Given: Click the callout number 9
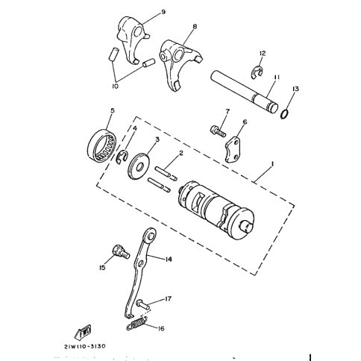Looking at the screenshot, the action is (163, 12).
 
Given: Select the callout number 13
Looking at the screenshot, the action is (295, 89).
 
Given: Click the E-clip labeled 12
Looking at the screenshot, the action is (256, 72).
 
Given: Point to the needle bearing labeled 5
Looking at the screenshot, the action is (103, 145).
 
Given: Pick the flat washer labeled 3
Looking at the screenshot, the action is (139, 166).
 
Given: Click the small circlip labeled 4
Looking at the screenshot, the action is (122, 157).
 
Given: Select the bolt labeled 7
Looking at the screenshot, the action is (218, 131).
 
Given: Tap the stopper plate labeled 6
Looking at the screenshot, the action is (233, 148).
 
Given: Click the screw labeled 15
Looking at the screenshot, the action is (122, 252).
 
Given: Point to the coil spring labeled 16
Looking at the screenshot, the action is (137, 323).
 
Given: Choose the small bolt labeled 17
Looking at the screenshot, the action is (142, 304).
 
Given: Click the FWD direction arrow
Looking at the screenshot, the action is (84, 332).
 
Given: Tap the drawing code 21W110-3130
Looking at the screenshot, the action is (85, 346).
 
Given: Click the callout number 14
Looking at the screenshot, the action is (169, 260).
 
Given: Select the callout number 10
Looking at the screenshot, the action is (115, 87).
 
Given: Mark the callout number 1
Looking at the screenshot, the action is (273, 164).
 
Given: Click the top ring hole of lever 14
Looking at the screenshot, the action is (151, 235).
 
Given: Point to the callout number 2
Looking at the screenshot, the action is (181, 153).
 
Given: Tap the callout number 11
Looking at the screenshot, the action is (277, 78).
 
